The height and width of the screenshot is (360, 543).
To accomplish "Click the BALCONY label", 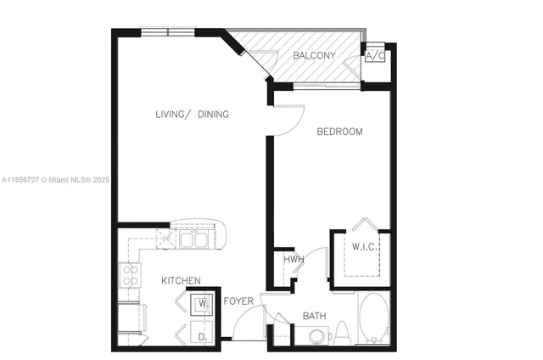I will [314, 56].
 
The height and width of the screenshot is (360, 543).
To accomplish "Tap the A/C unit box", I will [375, 56].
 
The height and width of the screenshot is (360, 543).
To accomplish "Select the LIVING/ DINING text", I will [192, 115].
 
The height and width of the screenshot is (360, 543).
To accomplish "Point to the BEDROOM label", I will [339, 132].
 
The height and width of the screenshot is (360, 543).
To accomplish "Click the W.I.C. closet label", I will [366, 247].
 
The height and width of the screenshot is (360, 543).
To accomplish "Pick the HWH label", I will [294, 260].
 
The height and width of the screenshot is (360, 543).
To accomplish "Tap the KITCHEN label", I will [181, 281].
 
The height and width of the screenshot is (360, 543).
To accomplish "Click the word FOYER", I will [238, 301].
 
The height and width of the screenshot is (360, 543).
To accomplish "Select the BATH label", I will [314, 317].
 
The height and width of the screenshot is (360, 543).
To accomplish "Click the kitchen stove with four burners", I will [131, 275].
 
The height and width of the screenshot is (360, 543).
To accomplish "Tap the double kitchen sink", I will [193, 240].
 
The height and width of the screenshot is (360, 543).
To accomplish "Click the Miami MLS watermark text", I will [55, 180].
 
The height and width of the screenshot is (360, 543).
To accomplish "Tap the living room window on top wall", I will [168, 33].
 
